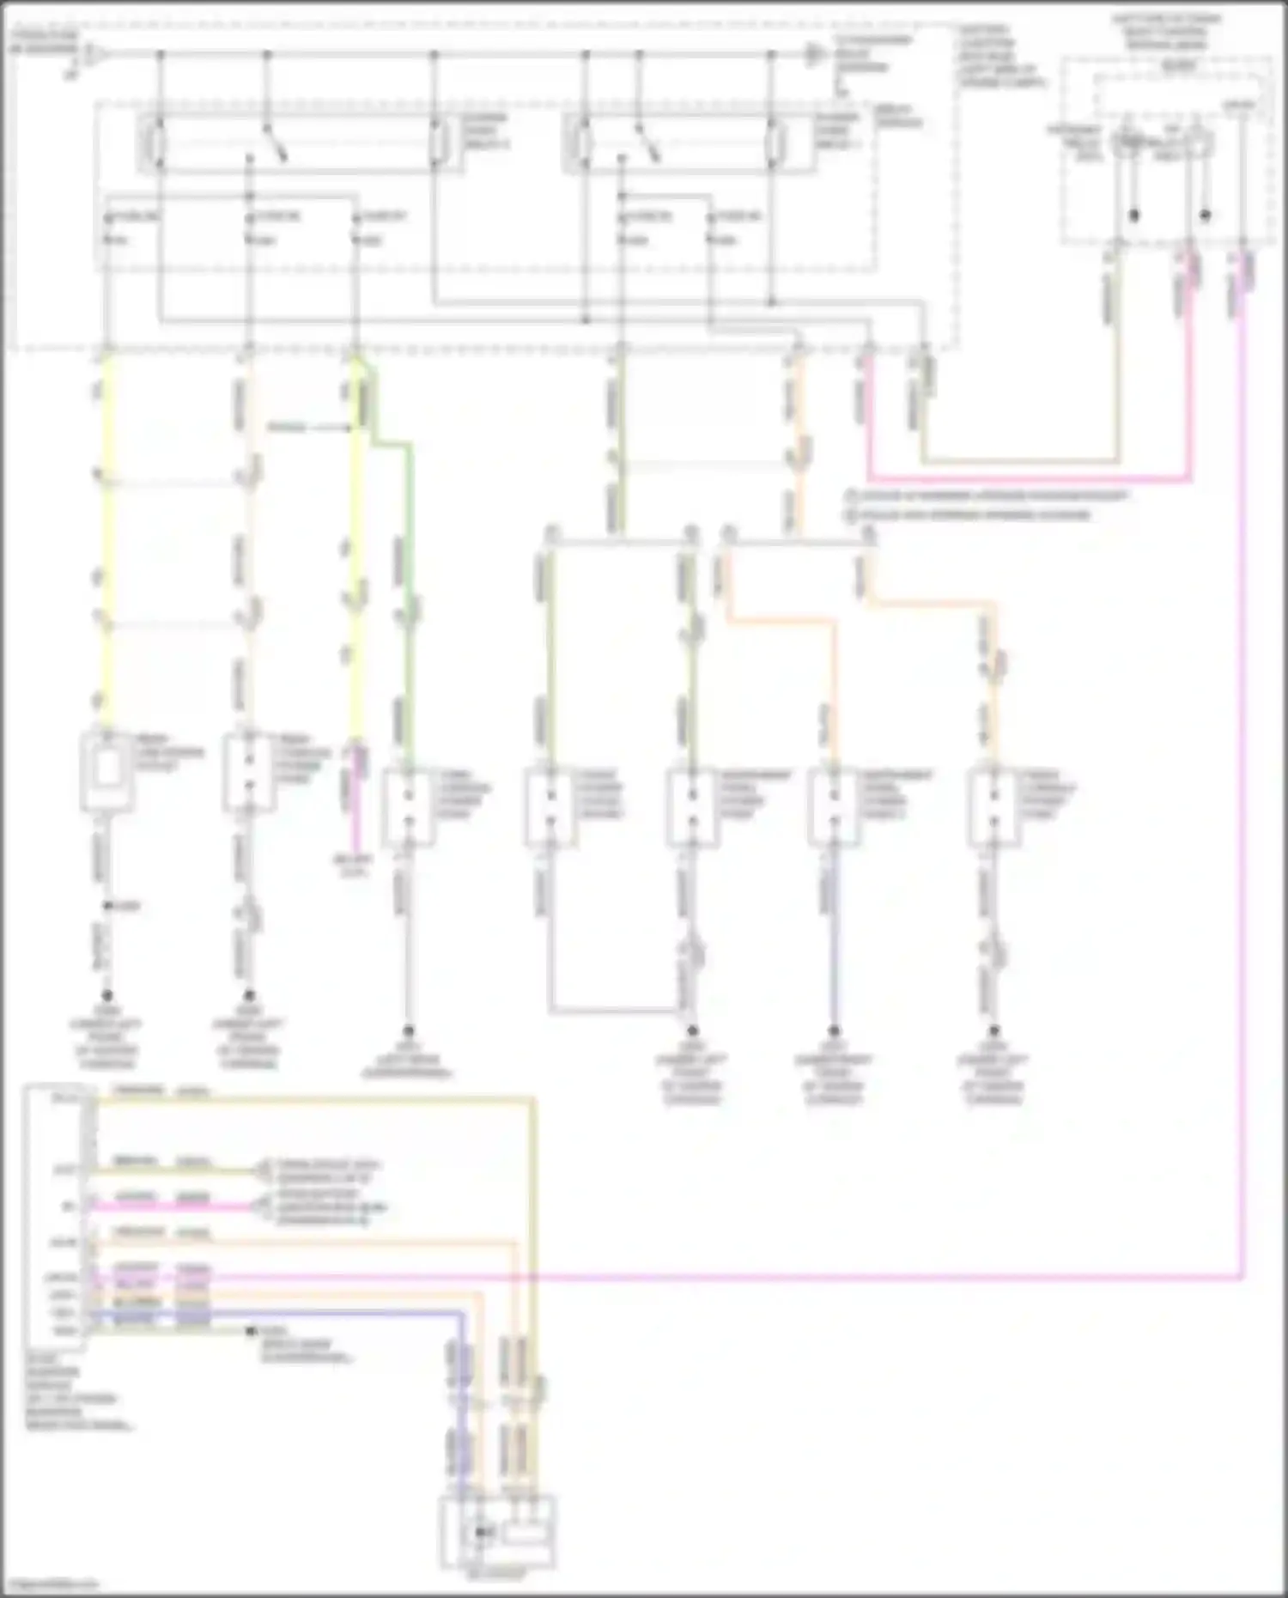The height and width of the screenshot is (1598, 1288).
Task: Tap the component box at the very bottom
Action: coord(498,1533)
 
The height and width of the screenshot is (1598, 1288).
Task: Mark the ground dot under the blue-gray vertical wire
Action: coord(833,1030)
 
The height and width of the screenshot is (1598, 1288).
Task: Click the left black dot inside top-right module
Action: coord(1133,216)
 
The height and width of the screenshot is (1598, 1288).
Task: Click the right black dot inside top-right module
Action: coord(1205,216)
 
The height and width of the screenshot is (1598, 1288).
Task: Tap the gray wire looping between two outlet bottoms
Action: coord(610,1010)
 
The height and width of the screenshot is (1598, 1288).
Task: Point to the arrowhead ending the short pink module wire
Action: coord(258,1206)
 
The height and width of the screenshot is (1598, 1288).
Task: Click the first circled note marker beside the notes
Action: coord(851,496)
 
